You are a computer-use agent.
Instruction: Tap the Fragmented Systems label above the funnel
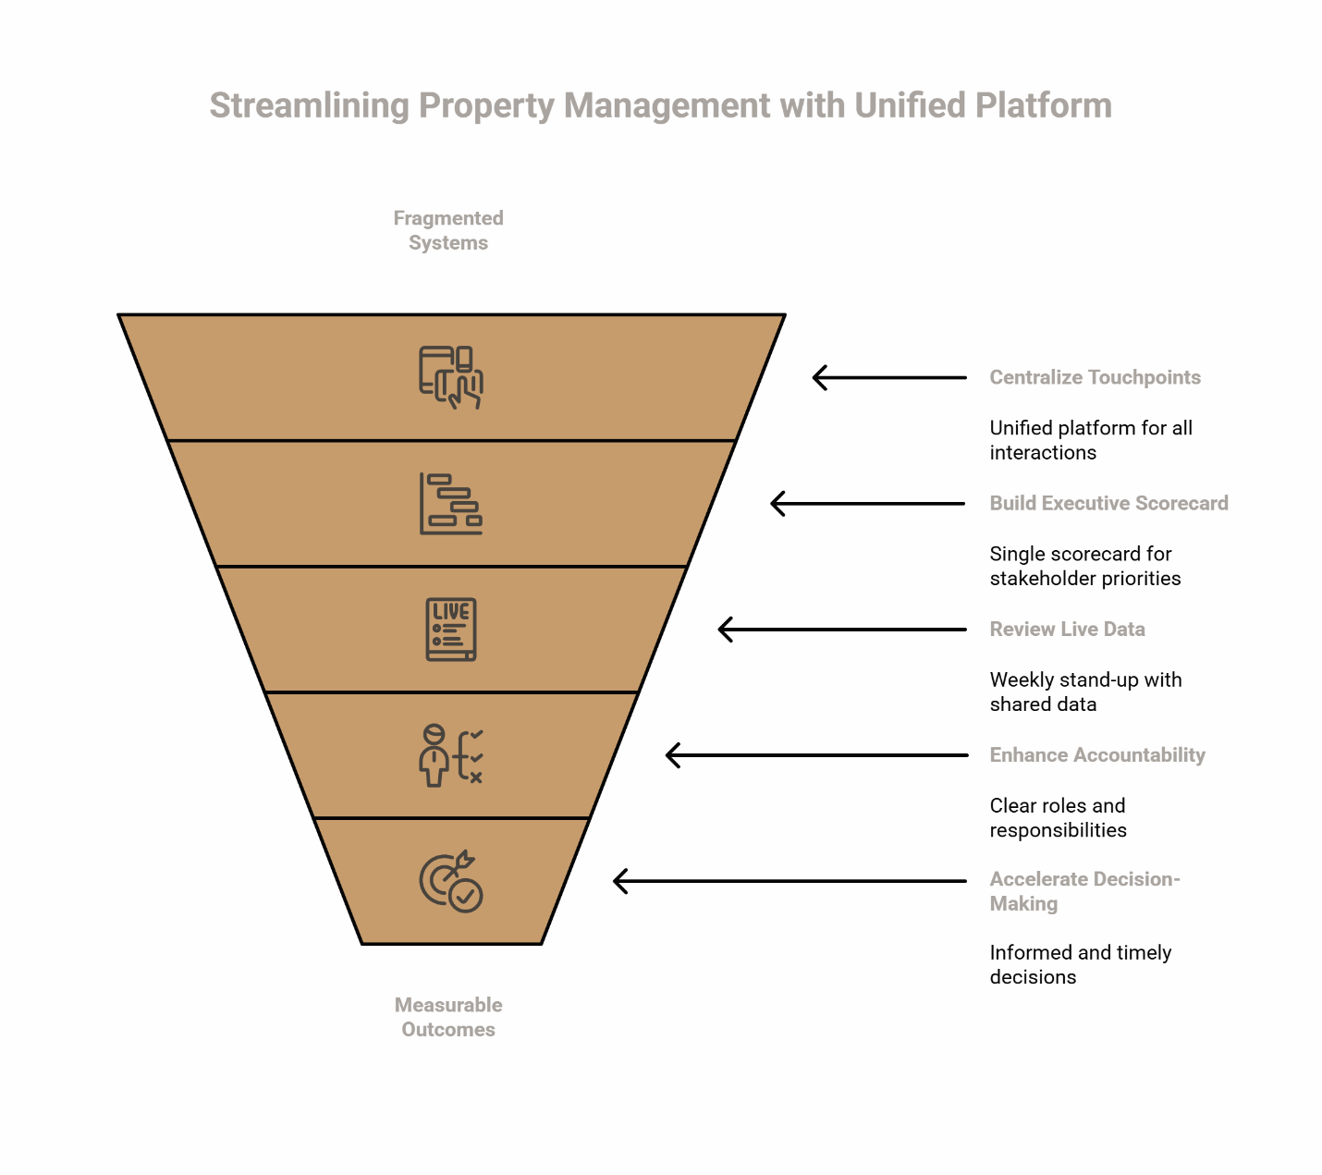(448, 230)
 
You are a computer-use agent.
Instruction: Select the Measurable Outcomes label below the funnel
(448, 1017)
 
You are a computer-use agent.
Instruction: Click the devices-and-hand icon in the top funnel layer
(451, 377)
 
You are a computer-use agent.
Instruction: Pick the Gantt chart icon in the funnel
(451, 504)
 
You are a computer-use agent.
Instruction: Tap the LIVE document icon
(451, 630)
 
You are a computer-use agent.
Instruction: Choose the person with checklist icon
(451, 755)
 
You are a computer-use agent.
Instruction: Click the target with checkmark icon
(451, 882)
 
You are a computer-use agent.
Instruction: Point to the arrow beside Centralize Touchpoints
(889, 377)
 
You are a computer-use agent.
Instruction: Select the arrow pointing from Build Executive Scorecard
(868, 504)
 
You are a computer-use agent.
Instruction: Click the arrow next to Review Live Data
(842, 630)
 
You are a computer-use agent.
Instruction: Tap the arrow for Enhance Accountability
(816, 755)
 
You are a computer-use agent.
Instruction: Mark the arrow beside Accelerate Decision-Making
(790, 881)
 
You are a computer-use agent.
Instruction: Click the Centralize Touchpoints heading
(1095, 377)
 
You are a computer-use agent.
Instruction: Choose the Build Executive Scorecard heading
(1108, 503)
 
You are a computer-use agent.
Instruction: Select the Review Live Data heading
(1067, 629)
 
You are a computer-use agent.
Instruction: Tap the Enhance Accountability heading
(1097, 754)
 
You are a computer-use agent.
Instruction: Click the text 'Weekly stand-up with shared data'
(1085, 692)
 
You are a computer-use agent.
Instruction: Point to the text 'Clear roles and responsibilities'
(1058, 817)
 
